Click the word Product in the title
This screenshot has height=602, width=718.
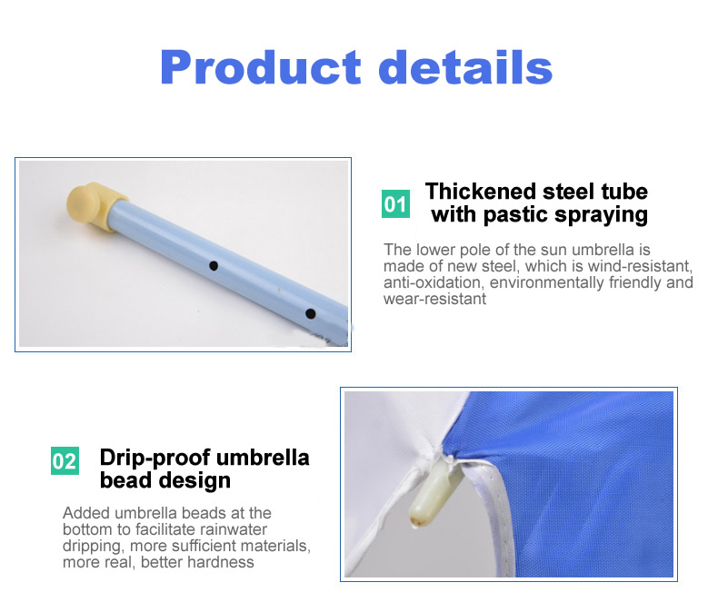coord(259,68)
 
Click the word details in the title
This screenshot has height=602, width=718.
coord(465,68)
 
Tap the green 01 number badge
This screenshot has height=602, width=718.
coord(395,203)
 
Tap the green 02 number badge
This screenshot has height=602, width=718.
coord(65,460)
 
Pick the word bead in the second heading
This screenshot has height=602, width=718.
coord(123,480)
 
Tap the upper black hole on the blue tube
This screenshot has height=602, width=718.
coord(214,266)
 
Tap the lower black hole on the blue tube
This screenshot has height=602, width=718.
coord(310,313)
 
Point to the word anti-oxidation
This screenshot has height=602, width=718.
coord(429,282)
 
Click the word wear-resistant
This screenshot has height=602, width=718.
coord(434,299)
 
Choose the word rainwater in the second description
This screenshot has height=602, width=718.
coord(241,529)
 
